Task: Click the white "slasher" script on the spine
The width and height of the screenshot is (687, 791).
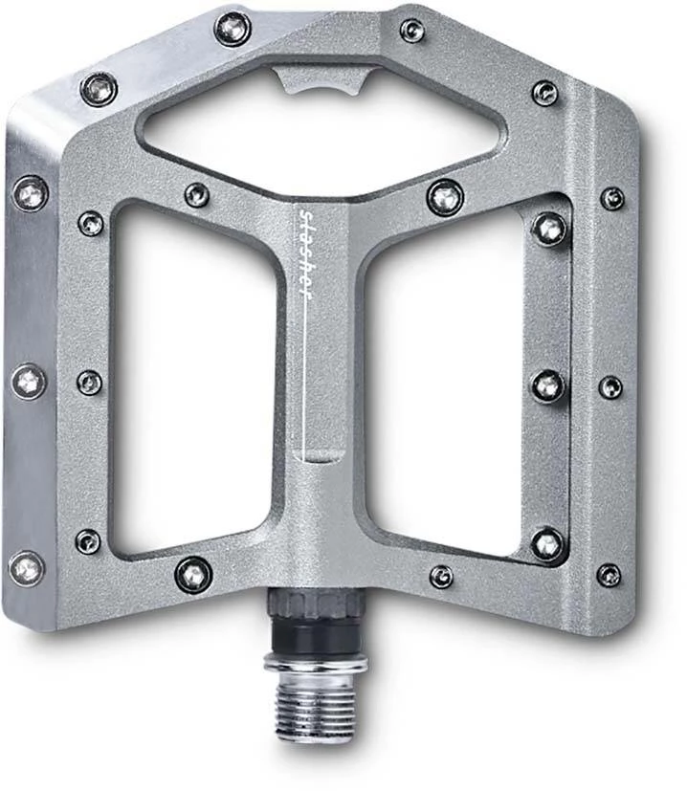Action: [307, 252]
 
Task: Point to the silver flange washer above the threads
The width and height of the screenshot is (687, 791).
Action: [316, 663]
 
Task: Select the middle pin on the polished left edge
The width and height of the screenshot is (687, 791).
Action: [29, 383]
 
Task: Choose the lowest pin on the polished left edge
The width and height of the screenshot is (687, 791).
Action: [27, 567]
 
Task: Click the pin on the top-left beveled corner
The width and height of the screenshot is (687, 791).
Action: [99, 90]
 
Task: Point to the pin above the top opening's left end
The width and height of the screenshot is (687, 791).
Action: [233, 29]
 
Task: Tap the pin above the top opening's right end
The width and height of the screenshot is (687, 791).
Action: [412, 31]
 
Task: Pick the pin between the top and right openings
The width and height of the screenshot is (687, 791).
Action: [445, 197]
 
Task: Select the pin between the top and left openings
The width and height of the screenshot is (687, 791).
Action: [197, 194]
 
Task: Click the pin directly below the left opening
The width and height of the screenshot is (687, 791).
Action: [193, 574]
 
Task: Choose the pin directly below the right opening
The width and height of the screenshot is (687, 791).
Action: [441, 576]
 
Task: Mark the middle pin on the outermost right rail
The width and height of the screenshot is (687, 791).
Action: [610, 386]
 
